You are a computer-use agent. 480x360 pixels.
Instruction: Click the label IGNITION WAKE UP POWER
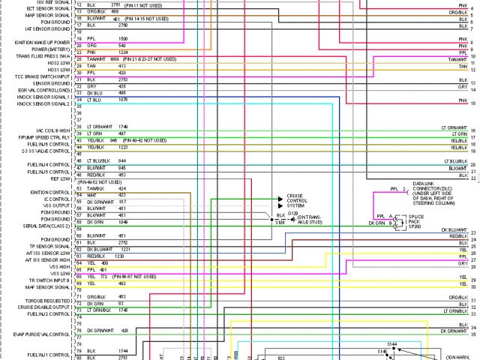43,43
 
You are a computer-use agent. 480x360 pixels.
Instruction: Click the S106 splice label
279,223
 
